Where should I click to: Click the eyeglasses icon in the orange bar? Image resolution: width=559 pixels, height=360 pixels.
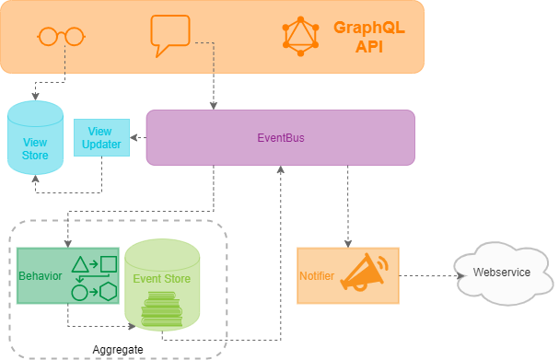tap(61, 36)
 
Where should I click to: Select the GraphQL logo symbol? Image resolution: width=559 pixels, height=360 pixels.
tap(300, 36)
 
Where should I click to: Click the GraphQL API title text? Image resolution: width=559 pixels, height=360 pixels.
tap(369, 37)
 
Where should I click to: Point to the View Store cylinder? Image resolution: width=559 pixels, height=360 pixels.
tap(35, 137)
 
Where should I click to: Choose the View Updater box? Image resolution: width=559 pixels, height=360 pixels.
tap(101, 137)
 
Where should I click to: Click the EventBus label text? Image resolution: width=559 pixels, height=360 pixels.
tap(281, 138)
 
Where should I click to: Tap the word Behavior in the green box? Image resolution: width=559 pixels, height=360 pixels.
tap(41, 276)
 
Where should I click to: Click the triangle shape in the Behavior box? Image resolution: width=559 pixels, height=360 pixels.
tap(80, 264)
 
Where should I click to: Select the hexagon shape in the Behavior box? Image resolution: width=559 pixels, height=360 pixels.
tap(109, 292)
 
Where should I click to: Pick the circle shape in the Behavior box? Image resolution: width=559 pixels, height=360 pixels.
tap(79, 293)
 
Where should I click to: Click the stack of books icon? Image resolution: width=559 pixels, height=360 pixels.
tap(162, 308)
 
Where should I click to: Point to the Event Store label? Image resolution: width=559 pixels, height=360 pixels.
tap(161, 279)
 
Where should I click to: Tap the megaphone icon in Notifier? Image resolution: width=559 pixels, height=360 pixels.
tap(364, 272)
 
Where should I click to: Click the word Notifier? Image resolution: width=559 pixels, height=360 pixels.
tap(317, 276)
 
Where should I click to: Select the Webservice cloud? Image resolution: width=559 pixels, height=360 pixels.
tap(504, 273)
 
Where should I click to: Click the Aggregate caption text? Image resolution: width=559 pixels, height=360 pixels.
tap(118, 350)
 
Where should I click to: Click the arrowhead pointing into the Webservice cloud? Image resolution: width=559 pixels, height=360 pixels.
tap(461, 275)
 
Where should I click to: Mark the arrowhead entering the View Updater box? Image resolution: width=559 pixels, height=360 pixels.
tap(134, 137)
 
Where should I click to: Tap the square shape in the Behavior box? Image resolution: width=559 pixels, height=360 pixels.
tap(109, 264)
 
